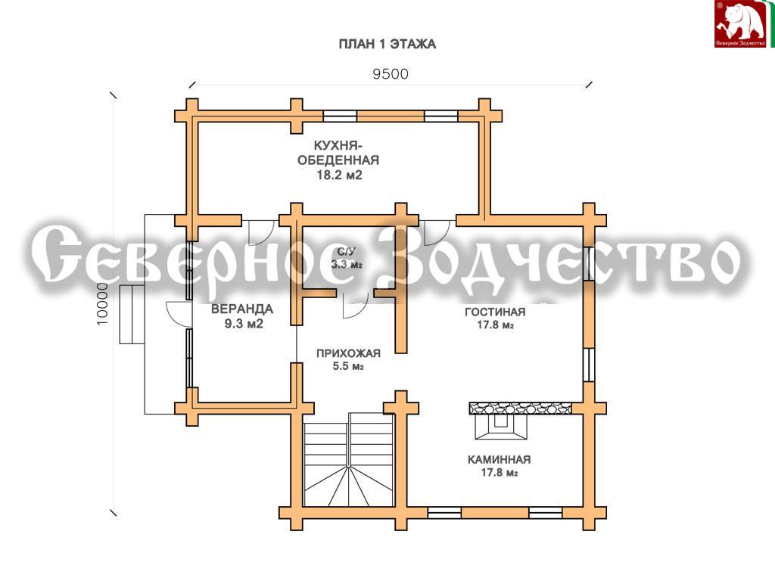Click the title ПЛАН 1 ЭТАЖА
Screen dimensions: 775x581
click(x=387, y=44)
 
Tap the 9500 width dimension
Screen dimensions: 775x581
click(x=391, y=74)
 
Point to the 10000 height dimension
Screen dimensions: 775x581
click(x=102, y=304)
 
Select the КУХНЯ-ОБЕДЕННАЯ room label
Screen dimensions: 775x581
click(x=338, y=153)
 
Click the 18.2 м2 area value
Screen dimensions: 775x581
click(x=339, y=175)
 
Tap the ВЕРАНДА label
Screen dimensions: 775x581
click(x=241, y=309)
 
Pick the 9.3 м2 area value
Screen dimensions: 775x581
click(x=244, y=324)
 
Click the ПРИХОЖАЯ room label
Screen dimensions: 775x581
click(x=348, y=353)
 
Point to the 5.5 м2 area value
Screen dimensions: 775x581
click(x=348, y=366)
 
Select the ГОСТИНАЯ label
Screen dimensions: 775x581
click(x=495, y=312)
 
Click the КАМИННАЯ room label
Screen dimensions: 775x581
click(x=500, y=459)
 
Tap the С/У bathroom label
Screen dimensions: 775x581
click(x=347, y=251)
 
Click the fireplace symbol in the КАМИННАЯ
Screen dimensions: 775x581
click(x=501, y=426)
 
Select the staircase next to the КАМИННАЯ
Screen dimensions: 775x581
click(x=349, y=459)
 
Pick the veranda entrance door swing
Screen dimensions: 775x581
click(x=179, y=314)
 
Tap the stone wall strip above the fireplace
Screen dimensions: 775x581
click(x=520, y=408)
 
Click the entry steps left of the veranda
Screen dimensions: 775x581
click(x=132, y=314)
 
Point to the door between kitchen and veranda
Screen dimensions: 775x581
click(x=261, y=232)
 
